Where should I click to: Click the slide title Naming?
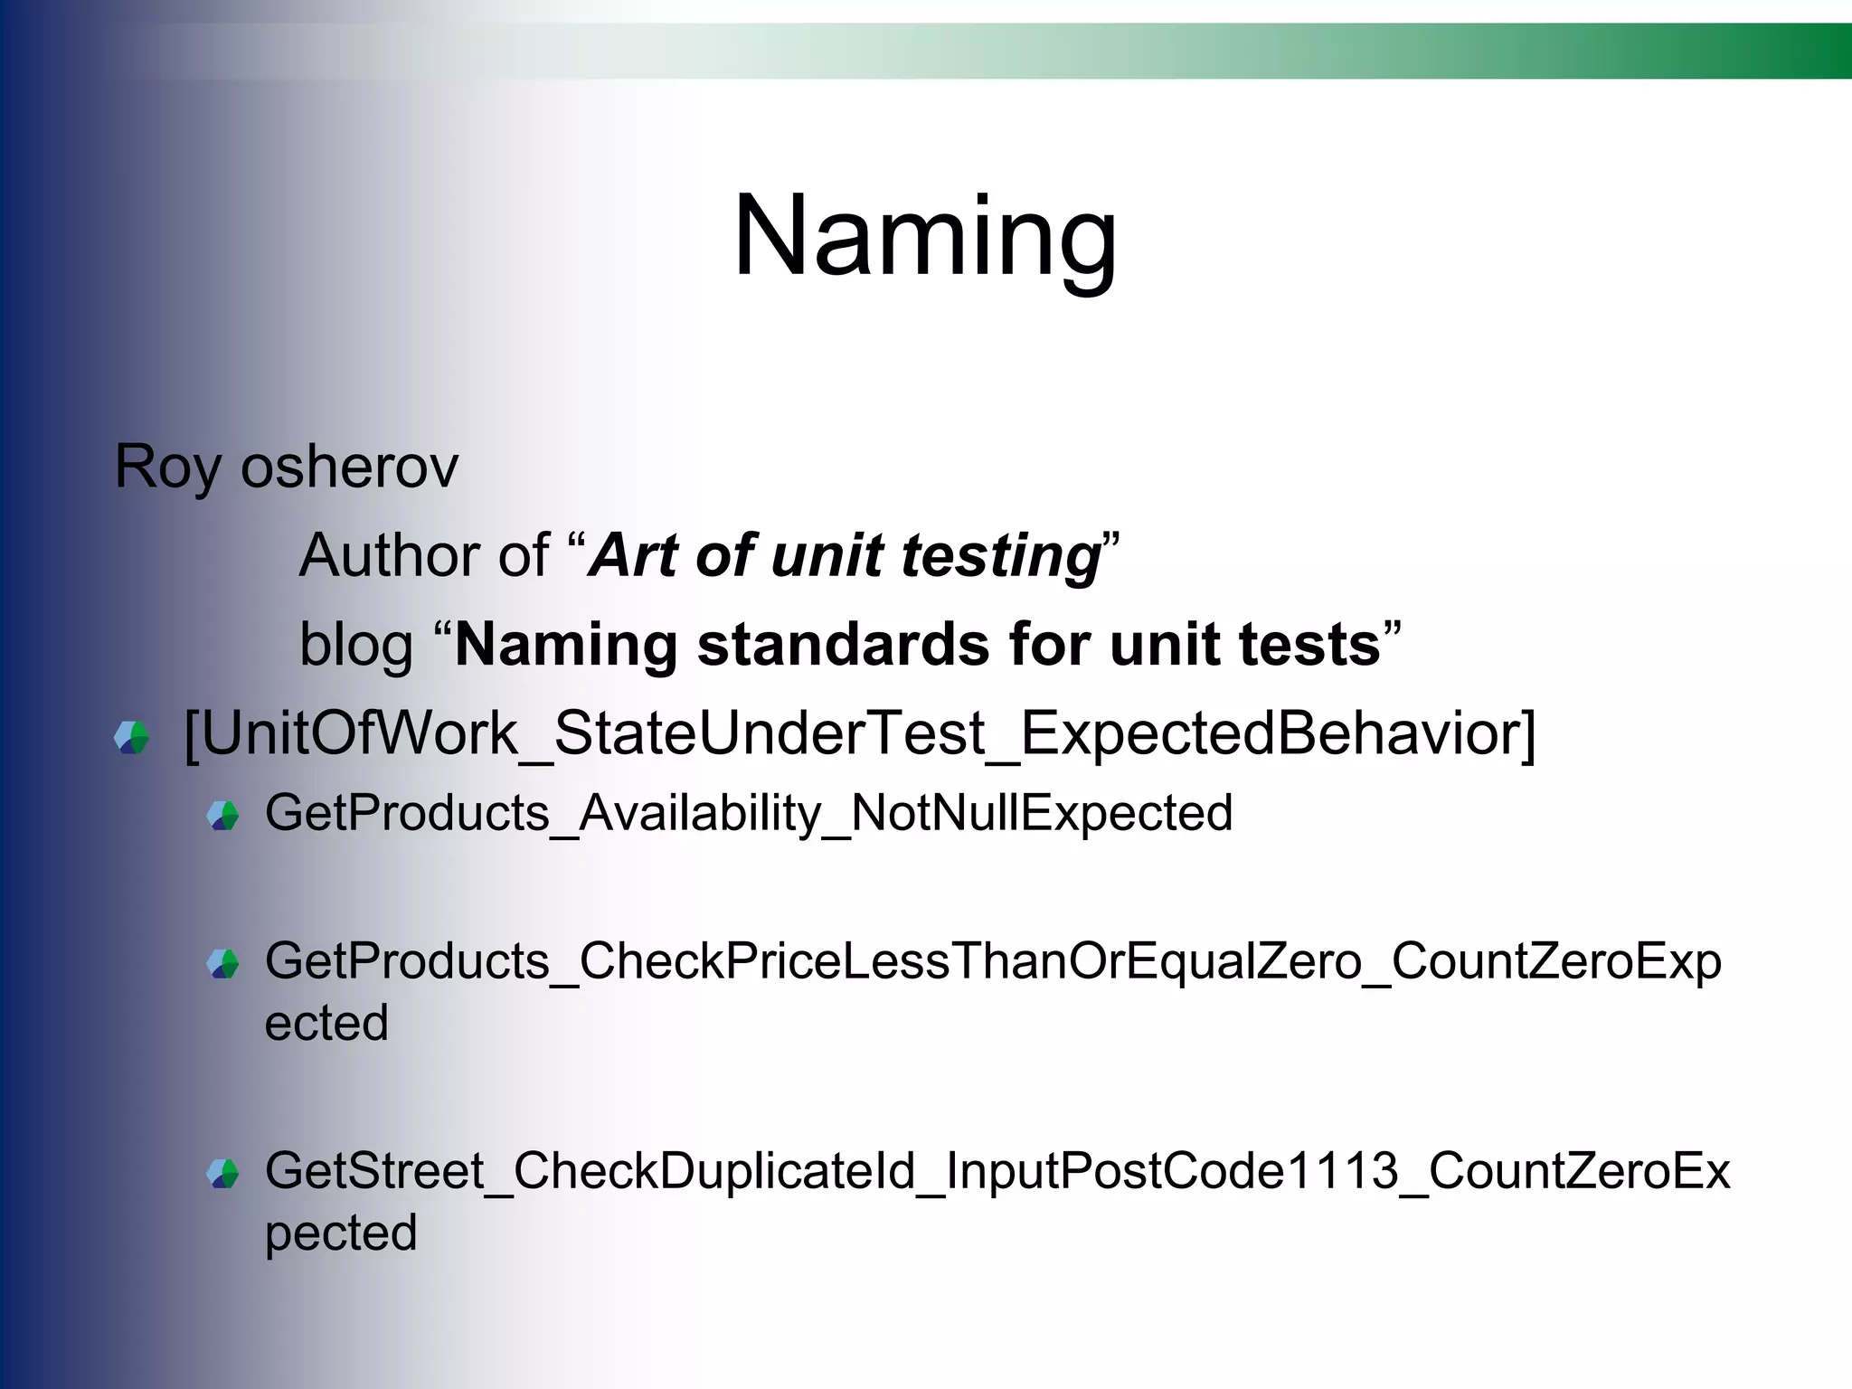(925, 237)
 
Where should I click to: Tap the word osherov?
(350, 468)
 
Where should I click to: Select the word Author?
(424, 555)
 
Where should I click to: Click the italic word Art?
(634, 555)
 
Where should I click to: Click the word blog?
(356, 646)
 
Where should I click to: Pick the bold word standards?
(844, 646)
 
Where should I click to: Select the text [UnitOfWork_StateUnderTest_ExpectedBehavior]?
(859, 734)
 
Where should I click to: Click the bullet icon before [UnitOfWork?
(132, 737)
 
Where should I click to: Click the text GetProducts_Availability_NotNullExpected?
(749, 813)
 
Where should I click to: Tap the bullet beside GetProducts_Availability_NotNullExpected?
(222, 816)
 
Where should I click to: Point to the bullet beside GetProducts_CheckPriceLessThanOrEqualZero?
(222, 963)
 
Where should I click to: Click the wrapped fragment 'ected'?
(326, 1024)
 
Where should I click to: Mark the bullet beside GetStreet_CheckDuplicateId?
(222, 1174)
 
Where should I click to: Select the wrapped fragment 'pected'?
(341, 1233)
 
